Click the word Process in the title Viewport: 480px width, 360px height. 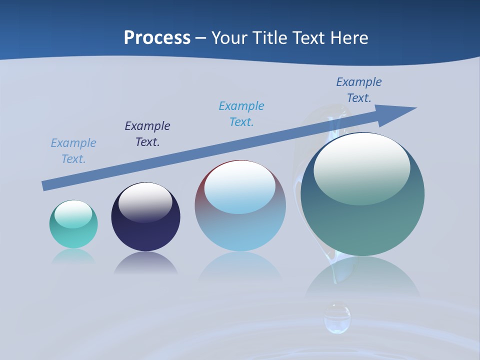157,37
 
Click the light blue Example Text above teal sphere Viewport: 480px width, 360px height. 73,151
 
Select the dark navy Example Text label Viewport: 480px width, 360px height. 147,133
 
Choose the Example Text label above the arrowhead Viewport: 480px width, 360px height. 359,90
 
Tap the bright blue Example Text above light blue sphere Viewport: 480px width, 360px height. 241,114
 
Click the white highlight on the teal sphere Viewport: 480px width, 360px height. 73,214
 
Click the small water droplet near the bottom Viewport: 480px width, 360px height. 337,318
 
